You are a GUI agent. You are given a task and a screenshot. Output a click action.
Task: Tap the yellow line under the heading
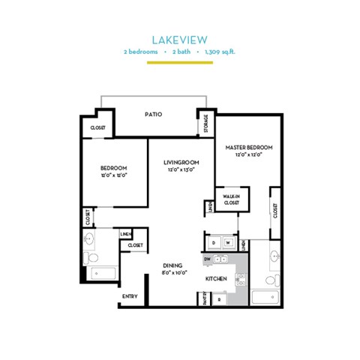click(x=179, y=63)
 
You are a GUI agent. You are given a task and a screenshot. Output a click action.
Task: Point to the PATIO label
click(x=154, y=114)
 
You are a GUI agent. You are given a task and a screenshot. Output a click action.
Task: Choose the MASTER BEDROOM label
click(x=248, y=147)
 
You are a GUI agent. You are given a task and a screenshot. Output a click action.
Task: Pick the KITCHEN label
click(x=217, y=279)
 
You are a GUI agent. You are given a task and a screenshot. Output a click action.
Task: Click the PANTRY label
click(x=205, y=299)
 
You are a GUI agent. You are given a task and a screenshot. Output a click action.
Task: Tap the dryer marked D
click(x=214, y=243)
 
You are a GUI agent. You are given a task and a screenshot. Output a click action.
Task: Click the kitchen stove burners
click(x=241, y=280)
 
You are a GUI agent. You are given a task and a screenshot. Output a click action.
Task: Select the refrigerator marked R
click(x=218, y=299)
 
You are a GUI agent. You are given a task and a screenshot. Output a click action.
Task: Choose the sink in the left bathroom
click(x=89, y=240)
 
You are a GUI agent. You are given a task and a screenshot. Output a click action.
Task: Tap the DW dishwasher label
click(x=208, y=258)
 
